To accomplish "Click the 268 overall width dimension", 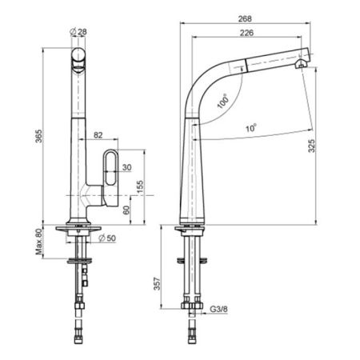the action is click(245, 18).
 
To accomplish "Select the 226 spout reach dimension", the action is click(246, 33).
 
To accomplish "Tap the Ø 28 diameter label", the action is click(78, 32).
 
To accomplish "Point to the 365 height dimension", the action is click(39, 136).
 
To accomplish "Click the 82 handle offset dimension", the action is click(98, 135).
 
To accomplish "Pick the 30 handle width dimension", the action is click(127, 167).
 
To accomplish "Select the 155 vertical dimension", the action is click(140, 187).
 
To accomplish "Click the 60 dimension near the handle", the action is click(126, 210).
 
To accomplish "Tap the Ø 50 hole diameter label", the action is click(107, 238).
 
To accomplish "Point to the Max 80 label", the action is click(39, 242).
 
